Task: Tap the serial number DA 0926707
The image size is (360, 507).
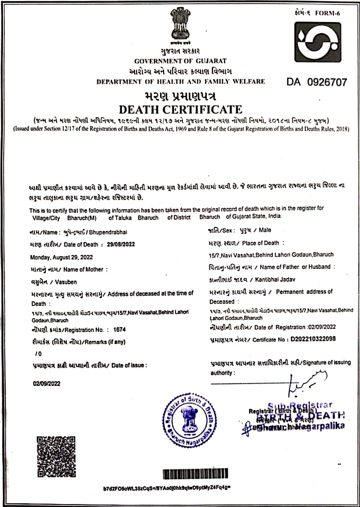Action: click(317, 82)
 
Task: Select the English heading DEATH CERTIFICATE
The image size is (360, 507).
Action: click(180, 110)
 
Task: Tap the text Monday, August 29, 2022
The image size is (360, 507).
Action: click(61, 257)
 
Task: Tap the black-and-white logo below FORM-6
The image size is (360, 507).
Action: click(317, 42)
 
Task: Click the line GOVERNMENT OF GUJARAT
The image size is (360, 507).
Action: click(180, 61)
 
